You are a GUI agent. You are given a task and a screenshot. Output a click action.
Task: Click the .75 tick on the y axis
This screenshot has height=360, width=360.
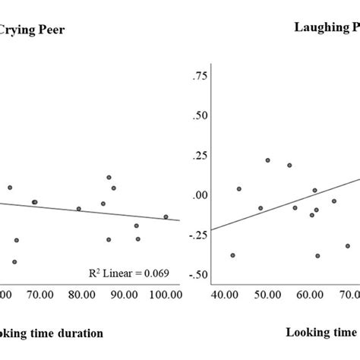coord(200,76)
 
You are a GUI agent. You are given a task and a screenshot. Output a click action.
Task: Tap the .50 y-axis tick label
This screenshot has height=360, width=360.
coord(200,115)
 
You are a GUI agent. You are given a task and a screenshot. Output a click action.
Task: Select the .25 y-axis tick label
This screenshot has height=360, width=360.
coord(200,156)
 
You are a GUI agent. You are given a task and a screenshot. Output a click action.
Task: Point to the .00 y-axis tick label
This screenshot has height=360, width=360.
coord(200,195)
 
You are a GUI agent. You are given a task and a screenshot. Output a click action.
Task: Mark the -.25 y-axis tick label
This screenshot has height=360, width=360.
coord(197,235)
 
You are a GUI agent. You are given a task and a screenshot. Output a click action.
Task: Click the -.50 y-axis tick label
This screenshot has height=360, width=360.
coord(197,274)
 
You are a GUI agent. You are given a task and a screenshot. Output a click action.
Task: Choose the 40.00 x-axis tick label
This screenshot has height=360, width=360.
coord(225,295)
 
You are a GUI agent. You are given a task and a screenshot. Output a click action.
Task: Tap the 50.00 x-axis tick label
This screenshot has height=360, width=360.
coord(267,295)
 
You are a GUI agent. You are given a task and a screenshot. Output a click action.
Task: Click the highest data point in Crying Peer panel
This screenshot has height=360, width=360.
coord(109,177)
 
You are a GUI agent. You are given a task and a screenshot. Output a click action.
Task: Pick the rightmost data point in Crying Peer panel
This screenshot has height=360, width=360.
coord(166,216)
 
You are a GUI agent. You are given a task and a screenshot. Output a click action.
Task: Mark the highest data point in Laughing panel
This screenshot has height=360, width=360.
coord(267,160)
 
